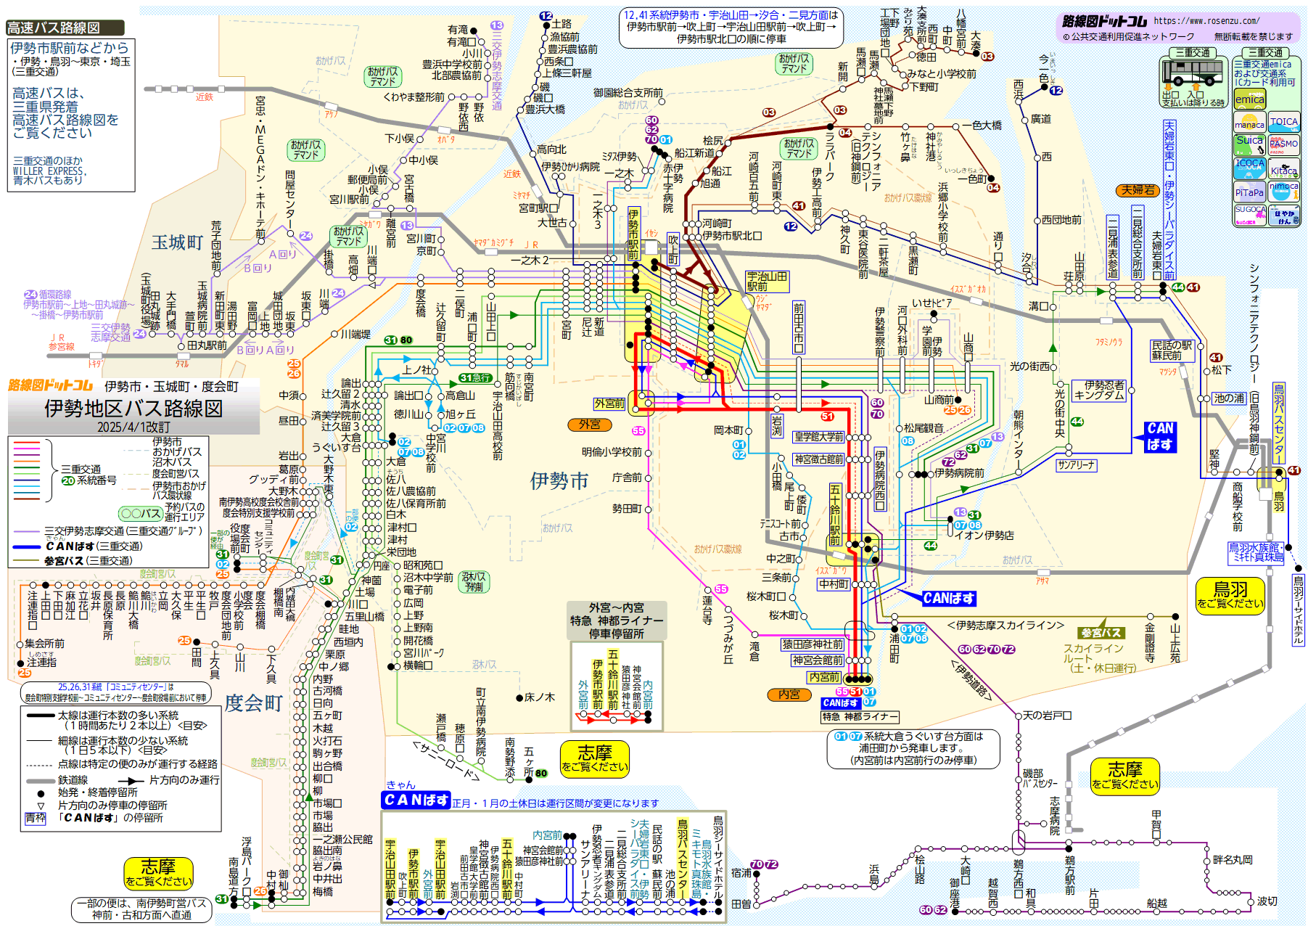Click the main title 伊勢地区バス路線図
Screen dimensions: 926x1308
click(x=133, y=409)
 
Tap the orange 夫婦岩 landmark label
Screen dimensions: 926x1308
click(x=1137, y=190)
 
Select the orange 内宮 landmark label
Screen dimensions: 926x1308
click(x=789, y=694)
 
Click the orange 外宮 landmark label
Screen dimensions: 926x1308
click(x=589, y=425)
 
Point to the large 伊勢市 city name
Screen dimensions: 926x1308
click(x=559, y=480)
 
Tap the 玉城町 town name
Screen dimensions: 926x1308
click(x=177, y=242)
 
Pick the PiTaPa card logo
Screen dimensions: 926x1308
click(x=1249, y=192)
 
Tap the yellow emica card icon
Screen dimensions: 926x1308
click(x=1249, y=99)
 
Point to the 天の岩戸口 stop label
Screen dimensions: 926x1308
click(x=1047, y=716)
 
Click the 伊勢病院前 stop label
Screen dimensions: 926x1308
click(x=959, y=473)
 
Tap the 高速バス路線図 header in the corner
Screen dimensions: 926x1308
click(x=54, y=28)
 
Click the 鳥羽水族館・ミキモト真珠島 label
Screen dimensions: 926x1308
click(x=1256, y=552)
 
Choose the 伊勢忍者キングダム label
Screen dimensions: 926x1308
click(x=1099, y=390)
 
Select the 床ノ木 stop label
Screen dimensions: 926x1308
click(x=539, y=697)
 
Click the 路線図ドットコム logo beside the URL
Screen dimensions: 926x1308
click(x=1104, y=22)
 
